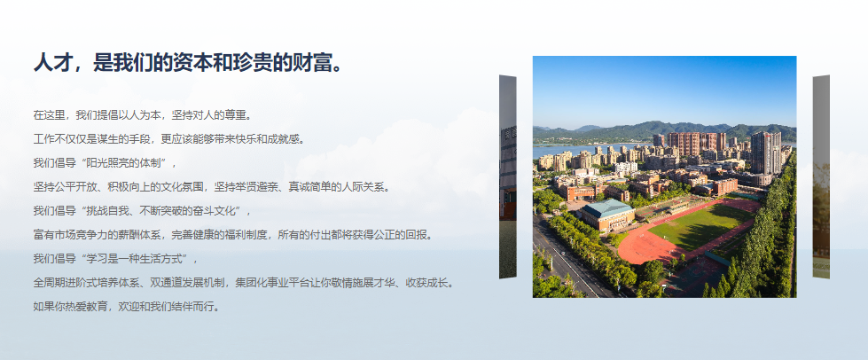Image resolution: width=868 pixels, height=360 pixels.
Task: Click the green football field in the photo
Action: click(x=702, y=226)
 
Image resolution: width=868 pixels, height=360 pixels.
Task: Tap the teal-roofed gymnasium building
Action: click(x=607, y=215)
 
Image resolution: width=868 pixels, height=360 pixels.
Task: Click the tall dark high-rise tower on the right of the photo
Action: click(x=766, y=153)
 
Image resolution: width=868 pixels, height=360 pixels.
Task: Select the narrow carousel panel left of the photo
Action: click(x=508, y=176)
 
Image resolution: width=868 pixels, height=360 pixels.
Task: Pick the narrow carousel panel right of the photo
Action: click(x=821, y=176)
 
